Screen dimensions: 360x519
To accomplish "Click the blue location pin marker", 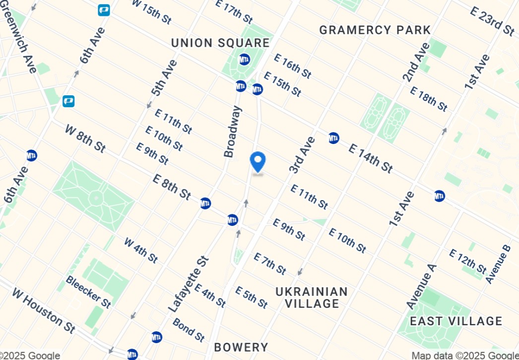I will (x=258, y=161).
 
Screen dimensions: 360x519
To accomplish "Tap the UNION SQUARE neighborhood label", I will (x=220, y=43).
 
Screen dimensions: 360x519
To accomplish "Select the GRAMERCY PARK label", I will (x=375, y=30).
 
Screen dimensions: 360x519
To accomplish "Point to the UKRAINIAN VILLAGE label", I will (x=312, y=297).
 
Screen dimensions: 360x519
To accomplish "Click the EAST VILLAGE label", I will (x=456, y=321).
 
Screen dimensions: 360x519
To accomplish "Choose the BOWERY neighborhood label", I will (x=241, y=348).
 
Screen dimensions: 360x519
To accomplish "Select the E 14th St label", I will (x=371, y=157).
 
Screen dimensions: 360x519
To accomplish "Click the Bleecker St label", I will (x=88, y=291).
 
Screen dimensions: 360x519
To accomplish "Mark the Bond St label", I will (x=189, y=330).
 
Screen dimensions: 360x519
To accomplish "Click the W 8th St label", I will (x=85, y=139).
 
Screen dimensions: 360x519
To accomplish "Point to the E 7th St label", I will (x=269, y=264).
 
